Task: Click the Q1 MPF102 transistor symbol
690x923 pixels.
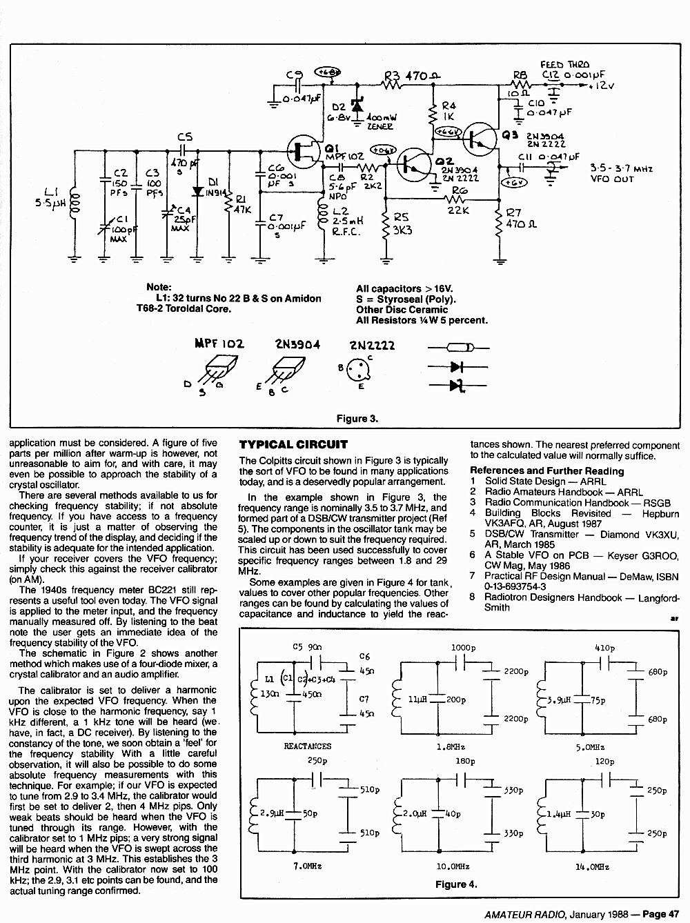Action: (303, 150)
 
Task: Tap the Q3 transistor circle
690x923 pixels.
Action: (480, 139)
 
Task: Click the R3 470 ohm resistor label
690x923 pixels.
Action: (412, 76)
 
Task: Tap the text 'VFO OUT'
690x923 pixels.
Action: (612, 179)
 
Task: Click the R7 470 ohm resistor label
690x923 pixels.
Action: (521, 219)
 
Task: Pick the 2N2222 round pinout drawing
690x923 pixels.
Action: (359, 370)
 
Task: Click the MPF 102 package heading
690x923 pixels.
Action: (219, 344)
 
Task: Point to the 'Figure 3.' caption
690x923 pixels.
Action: (357, 419)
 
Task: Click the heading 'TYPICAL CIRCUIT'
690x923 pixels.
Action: (293, 444)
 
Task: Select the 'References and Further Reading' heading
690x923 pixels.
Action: (546, 471)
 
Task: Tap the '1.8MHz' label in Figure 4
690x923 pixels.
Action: (451, 747)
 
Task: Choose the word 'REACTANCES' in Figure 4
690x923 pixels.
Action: (307, 746)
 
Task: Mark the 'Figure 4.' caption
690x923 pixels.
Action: (456, 884)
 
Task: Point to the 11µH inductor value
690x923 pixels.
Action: (418, 699)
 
